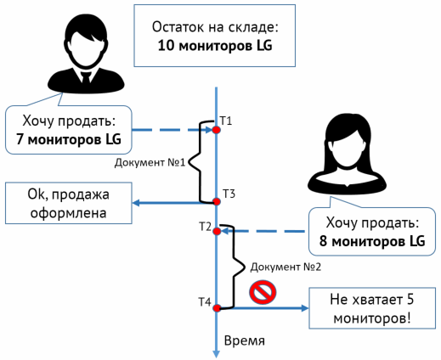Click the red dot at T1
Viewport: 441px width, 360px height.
pyautogui.click(x=217, y=130)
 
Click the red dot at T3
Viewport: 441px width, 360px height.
pyautogui.click(x=217, y=201)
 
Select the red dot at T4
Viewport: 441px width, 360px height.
pyautogui.click(x=217, y=307)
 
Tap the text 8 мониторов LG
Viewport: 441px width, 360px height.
pyautogui.click(x=368, y=241)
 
